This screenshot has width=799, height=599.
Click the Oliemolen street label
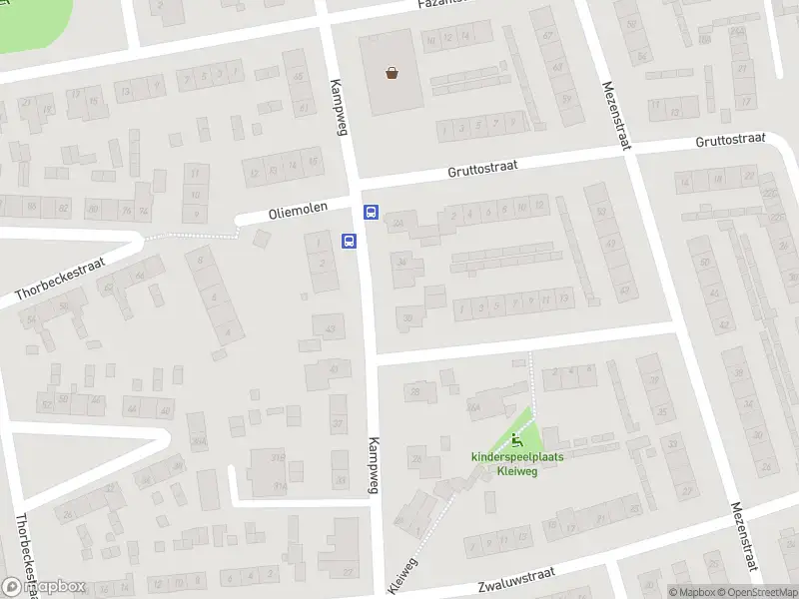[301, 213]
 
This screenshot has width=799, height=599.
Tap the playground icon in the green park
[517, 440]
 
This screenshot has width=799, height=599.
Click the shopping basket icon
[394, 72]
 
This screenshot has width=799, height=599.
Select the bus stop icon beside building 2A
[371, 212]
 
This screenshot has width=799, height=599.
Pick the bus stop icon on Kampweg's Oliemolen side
[350, 241]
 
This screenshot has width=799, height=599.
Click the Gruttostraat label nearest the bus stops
[482, 171]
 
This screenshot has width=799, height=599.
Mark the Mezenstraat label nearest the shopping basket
[616, 116]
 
